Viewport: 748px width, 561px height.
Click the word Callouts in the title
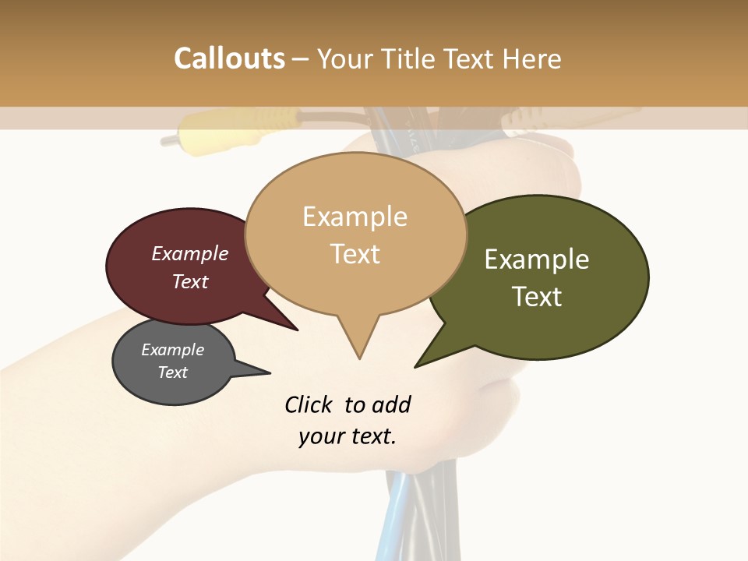(x=229, y=58)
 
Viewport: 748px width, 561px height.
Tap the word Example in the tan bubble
(x=355, y=217)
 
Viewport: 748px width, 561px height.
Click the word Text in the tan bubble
(x=355, y=254)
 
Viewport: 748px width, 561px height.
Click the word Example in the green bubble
(x=537, y=259)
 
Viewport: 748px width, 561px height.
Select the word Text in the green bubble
(x=537, y=297)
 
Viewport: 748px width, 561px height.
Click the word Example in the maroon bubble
(x=189, y=254)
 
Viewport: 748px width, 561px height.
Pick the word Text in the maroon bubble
(x=189, y=281)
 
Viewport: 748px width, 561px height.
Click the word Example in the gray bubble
(x=172, y=350)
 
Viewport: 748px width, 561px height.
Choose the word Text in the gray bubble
(x=172, y=372)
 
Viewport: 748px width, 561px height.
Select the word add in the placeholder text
(x=390, y=405)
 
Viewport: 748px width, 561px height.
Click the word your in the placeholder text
(x=319, y=436)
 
